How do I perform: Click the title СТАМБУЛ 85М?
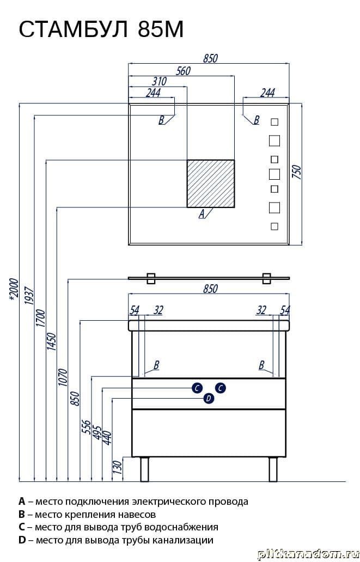tap(101, 30)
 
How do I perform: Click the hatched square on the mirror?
tap(211, 184)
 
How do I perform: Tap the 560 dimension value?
tap(184, 70)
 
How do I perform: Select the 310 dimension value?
tap(159, 81)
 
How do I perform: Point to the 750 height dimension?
tap(297, 173)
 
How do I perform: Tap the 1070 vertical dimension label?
tap(62, 378)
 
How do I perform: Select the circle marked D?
tap(209, 399)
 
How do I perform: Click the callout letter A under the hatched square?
tap(202, 214)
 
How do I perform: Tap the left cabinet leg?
tap(145, 469)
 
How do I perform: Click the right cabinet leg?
tap(273, 469)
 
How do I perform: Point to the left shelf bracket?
tap(151, 278)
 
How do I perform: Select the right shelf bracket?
tap(267, 278)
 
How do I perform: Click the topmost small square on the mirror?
tap(274, 122)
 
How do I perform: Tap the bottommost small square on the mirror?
tap(274, 226)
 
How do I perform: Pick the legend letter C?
tap(22, 527)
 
